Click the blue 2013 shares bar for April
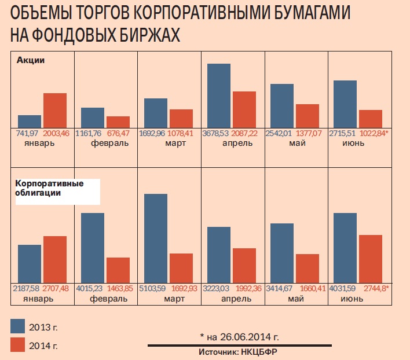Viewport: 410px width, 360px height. (219, 95)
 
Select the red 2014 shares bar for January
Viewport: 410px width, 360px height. (55, 111)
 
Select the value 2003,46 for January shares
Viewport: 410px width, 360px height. (56, 133)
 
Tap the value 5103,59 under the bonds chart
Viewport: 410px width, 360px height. (153, 288)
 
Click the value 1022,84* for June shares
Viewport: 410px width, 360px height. (374, 133)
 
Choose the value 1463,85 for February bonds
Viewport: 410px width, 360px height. (119, 288)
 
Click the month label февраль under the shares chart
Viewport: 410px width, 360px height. (110, 143)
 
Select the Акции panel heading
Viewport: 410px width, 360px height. (31, 60)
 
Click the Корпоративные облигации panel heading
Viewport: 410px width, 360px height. (49, 188)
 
